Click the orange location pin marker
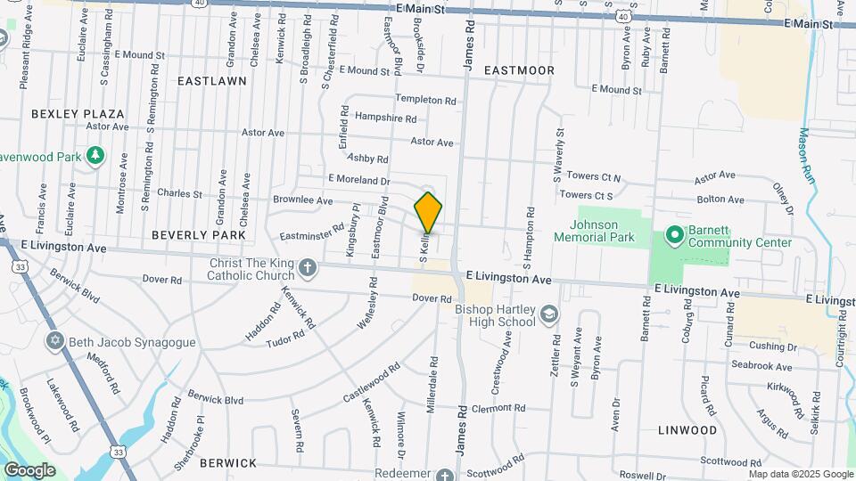pos(428,212)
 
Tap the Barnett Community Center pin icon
pos(674,236)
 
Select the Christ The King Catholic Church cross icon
pos(307,267)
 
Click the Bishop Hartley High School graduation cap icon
pos(549,314)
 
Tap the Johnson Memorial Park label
pos(594,231)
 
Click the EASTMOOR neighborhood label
pos(519,70)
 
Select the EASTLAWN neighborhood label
pos(211,81)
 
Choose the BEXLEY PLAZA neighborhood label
pos(78,114)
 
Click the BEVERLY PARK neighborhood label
pos(198,235)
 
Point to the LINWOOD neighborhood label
pos(687,430)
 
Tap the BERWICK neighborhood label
pos(228,463)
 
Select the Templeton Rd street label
pos(426,101)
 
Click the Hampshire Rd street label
pos(385,118)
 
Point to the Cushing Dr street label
pos(772,346)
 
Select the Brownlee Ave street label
pos(302,200)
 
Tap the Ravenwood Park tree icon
pos(95,157)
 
